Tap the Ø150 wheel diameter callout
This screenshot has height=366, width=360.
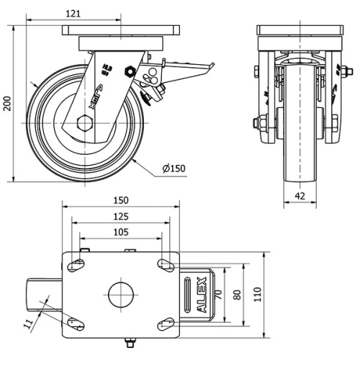tap(174, 169)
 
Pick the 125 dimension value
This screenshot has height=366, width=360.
tap(120, 216)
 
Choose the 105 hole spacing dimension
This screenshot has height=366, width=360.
tap(120, 232)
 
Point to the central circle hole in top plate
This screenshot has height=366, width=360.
tap(120, 294)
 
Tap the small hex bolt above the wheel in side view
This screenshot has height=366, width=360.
tap(130, 71)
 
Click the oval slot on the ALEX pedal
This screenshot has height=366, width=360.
tap(189, 294)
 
